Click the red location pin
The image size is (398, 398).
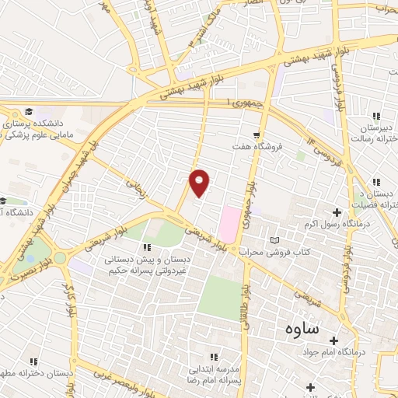[200, 182]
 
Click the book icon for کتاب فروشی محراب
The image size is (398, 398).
[272, 240]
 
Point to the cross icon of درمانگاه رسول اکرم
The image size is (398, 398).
[337, 212]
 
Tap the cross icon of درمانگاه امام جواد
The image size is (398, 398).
[334, 340]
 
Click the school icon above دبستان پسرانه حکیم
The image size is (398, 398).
[146, 247]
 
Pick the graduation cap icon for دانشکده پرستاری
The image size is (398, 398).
[29, 112]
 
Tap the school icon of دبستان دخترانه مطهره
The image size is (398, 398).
[33, 361]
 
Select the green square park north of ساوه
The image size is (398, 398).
[220, 298]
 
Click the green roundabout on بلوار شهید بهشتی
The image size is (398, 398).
[60, 257]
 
